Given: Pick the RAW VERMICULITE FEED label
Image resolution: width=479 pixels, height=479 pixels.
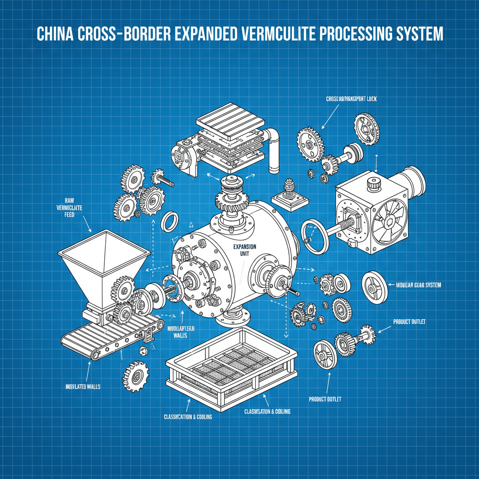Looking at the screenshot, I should point(70,207).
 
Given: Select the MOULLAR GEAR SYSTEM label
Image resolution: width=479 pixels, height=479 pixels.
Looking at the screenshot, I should point(418,285).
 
